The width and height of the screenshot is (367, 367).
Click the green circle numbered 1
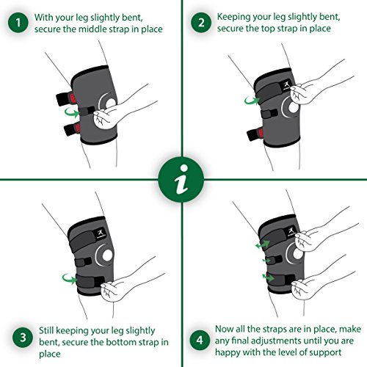(x=18, y=23)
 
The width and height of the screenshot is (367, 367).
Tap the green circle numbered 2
(x=201, y=23)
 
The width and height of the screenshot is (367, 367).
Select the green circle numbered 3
(x=23, y=338)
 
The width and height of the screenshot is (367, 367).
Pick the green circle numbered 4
(x=200, y=340)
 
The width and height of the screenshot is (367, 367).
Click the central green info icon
(x=181, y=180)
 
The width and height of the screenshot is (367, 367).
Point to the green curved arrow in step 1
(x=72, y=112)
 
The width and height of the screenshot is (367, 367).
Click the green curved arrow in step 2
(x=252, y=100)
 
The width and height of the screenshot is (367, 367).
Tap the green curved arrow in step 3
(x=70, y=279)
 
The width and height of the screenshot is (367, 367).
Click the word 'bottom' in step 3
(x=119, y=342)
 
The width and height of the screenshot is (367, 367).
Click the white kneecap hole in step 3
(x=107, y=255)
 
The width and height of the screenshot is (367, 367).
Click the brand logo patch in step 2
(x=287, y=86)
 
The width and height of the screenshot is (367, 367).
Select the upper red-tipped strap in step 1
(x=65, y=98)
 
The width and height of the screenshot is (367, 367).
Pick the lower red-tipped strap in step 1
(x=72, y=129)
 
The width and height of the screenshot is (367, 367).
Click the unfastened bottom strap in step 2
(x=255, y=134)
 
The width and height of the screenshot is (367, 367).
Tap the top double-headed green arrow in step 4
(x=263, y=244)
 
